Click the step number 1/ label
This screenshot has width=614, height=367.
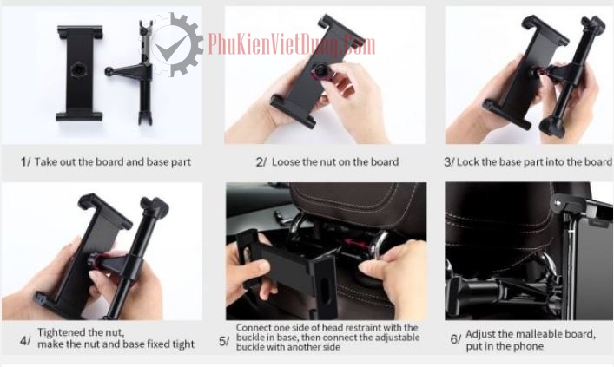[x=25, y=161]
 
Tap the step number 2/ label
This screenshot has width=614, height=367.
[x=261, y=162]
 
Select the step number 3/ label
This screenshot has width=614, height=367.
[x=449, y=162]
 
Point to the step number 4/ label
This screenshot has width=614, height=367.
[x=25, y=341]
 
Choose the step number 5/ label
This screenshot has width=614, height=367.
[x=224, y=342]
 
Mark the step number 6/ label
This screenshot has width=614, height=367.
[x=456, y=339]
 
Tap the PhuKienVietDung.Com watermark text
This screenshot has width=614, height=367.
[x=291, y=44]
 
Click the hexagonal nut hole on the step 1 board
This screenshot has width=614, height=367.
[x=79, y=71]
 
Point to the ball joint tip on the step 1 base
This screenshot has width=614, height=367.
[x=109, y=72]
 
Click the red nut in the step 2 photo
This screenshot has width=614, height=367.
[x=320, y=72]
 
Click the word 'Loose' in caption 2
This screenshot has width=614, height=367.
[x=286, y=161]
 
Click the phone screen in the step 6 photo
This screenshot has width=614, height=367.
[x=591, y=270]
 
